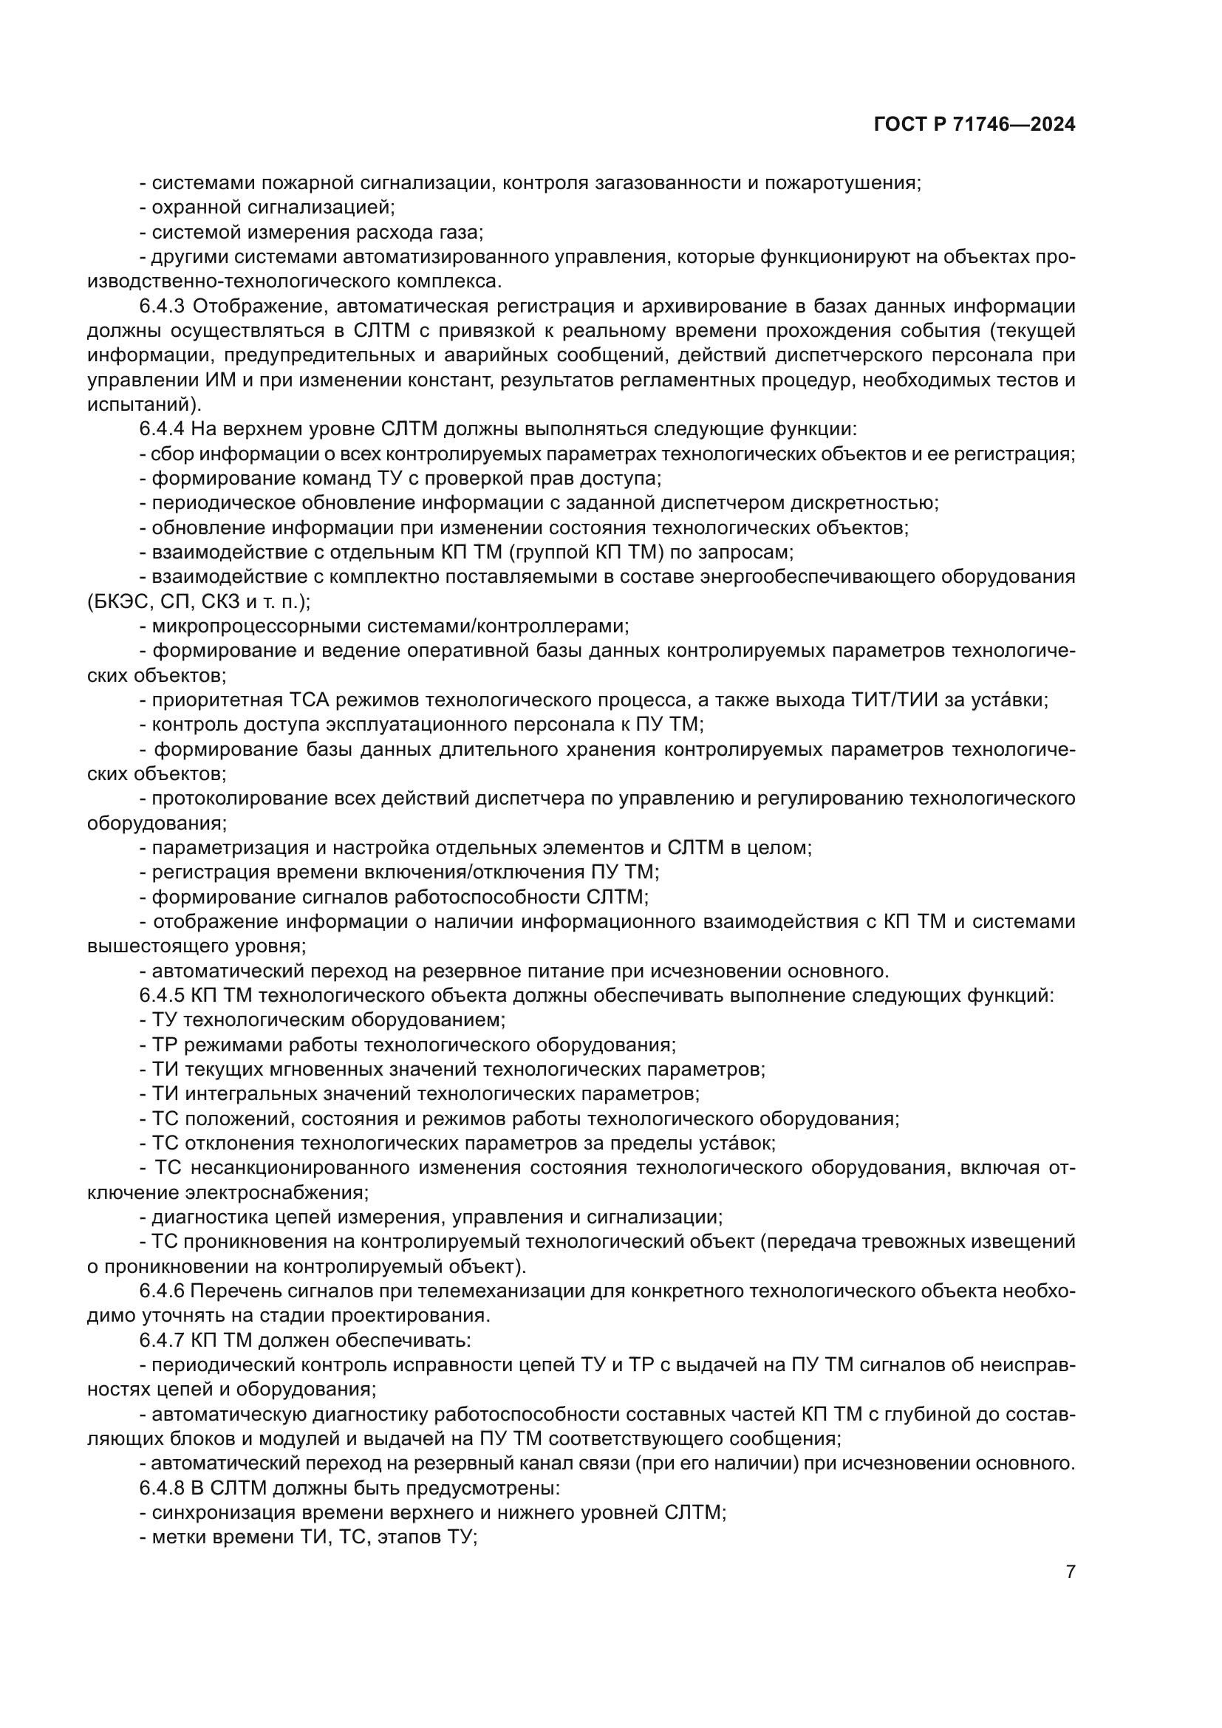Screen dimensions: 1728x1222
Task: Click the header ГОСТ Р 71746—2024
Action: pos(974,125)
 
